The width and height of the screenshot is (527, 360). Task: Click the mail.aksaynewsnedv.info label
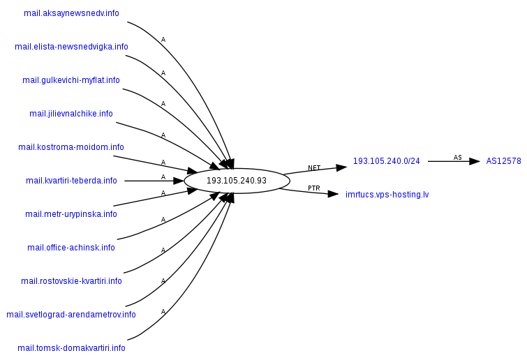[x=71, y=13]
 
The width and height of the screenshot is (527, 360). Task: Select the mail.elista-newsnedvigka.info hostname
[x=71, y=47]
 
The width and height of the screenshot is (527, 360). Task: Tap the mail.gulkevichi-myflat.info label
[x=71, y=80]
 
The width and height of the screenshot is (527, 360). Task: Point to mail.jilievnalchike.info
[x=71, y=114]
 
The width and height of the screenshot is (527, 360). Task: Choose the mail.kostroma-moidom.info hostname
[x=71, y=147]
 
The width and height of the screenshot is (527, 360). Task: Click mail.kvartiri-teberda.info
[x=71, y=181]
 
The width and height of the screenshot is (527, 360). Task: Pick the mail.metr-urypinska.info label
[x=71, y=214]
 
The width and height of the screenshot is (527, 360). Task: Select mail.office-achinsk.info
[x=71, y=248]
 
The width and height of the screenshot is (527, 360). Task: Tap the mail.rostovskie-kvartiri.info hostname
[x=71, y=281]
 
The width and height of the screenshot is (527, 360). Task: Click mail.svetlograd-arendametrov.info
[x=71, y=315]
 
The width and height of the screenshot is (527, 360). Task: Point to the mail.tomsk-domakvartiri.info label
[x=71, y=348]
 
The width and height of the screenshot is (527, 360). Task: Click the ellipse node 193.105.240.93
[x=237, y=181]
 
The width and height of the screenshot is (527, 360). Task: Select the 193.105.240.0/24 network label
[x=387, y=161]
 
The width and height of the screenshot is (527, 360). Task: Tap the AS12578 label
[x=504, y=161]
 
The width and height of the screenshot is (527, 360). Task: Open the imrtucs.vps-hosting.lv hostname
[x=387, y=195]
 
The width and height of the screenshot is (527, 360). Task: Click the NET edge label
[x=314, y=168]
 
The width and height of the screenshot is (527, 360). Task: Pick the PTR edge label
[x=314, y=188]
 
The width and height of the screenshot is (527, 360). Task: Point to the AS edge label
[x=458, y=158]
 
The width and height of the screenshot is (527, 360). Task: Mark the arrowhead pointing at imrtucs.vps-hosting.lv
[x=334, y=193]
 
